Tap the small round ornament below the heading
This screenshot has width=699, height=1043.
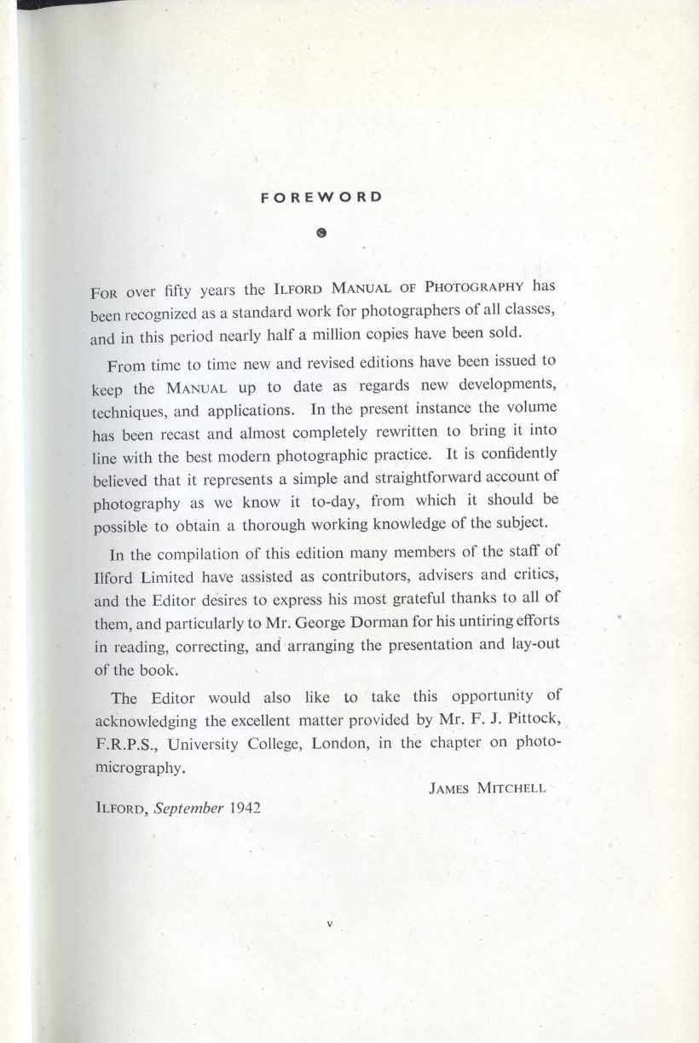click(321, 231)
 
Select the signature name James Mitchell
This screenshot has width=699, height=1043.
click(486, 788)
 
